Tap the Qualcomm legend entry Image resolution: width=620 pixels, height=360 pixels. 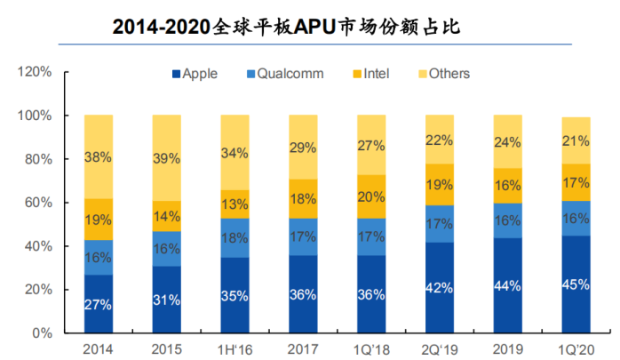pos(283,74)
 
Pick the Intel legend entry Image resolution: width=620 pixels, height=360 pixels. pos(374,74)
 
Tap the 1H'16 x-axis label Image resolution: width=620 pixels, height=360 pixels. pos(234,349)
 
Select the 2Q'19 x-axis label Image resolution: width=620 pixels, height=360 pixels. pos(438,349)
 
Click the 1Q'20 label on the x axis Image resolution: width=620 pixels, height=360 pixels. pos(575,349)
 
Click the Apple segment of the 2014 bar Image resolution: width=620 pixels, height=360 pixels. pos(99,303)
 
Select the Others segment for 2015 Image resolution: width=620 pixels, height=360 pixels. pos(166,157)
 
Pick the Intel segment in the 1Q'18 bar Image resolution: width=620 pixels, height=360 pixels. pos(370,196)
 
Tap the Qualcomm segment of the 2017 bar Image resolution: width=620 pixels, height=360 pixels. pos(302,236)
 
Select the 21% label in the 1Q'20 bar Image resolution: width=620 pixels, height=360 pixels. pos(576,141)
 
